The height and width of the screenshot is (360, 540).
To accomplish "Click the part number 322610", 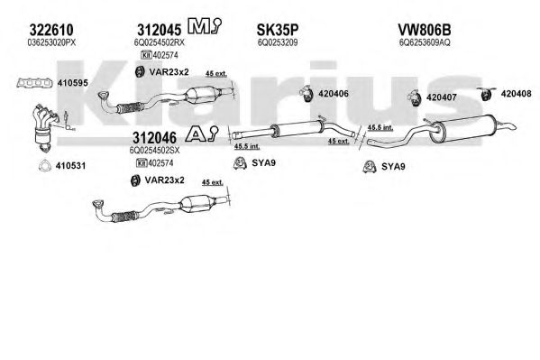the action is [51, 30].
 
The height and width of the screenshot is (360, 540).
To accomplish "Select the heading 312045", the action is [159, 30].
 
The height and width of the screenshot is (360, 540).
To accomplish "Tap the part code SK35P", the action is [278, 30].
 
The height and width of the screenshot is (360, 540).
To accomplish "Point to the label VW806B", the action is [425, 30].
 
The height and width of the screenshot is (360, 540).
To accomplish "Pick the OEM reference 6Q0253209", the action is [278, 42].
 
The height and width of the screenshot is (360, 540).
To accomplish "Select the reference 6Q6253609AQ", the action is [425, 42].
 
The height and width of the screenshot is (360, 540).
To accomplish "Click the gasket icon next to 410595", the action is [34, 83].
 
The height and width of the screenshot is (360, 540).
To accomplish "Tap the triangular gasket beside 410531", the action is [44, 165].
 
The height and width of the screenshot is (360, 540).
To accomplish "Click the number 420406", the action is [334, 94].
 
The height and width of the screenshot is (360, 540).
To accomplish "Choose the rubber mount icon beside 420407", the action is [415, 97].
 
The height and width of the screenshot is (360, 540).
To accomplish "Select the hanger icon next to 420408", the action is [486, 94].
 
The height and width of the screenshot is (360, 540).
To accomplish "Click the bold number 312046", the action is [155, 138].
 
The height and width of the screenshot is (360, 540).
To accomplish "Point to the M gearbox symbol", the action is [205, 26].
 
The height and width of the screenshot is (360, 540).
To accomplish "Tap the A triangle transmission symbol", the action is [201, 134].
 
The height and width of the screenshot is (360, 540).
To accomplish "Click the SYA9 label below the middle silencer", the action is [263, 162].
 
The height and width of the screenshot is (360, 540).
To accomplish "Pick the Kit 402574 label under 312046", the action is [155, 162].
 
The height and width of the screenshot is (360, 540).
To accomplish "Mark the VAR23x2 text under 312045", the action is [169, 72].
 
